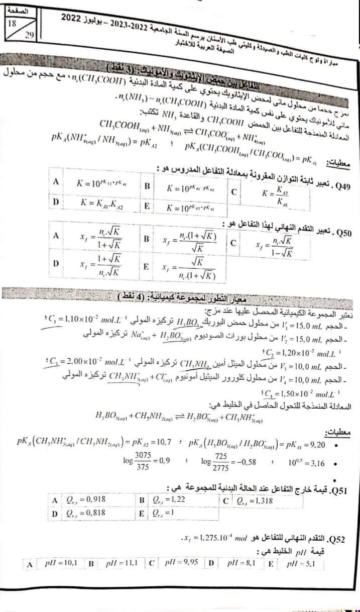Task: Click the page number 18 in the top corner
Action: [11, 23]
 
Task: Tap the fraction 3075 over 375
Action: [145, 462]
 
